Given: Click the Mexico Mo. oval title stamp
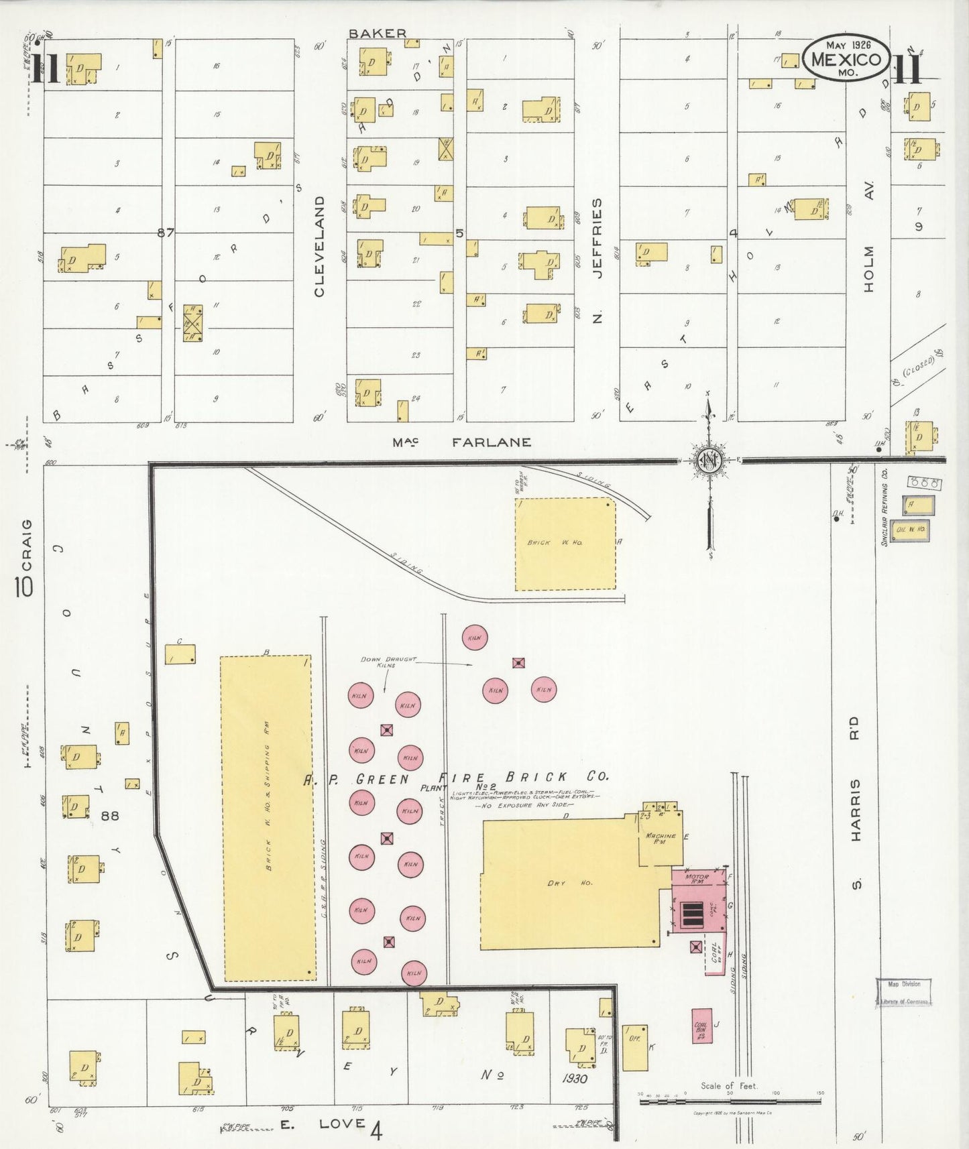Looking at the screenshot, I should pos(846,58).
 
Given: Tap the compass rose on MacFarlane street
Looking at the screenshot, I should pos(709,461).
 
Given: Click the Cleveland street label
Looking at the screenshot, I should pos(319,246).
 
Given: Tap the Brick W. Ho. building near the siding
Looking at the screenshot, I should pos(565,544).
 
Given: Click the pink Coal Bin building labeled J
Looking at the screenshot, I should pos(702,1025).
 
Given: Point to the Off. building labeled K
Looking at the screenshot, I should pos(634,1047).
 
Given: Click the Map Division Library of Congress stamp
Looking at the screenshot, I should pos(903,992).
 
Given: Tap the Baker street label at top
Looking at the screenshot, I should pos(377,33).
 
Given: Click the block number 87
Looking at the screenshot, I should pos(166,233).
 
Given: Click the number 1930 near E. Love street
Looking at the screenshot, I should pos(575,1079).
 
